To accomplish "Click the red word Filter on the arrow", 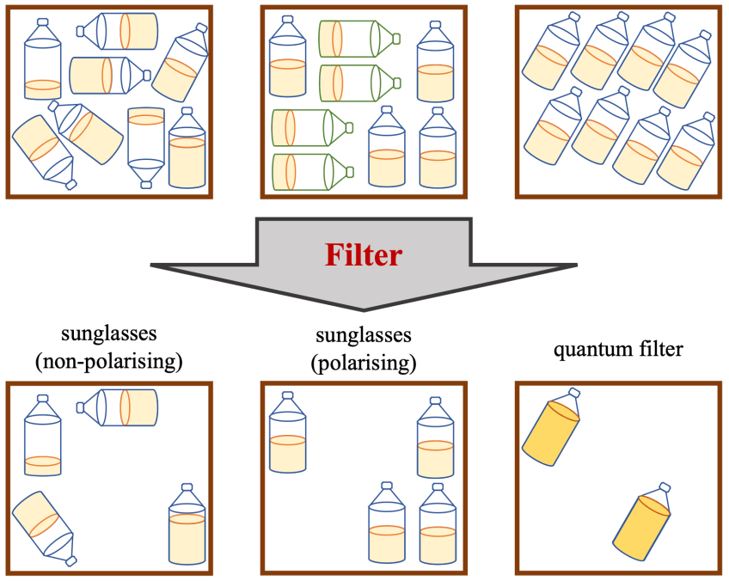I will [364, 256].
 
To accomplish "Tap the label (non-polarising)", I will [109, 361].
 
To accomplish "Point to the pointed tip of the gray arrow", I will [364, 309].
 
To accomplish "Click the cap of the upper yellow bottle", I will [575, 394].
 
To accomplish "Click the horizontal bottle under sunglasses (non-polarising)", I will [123, 407].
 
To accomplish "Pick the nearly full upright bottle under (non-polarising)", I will [187, 528].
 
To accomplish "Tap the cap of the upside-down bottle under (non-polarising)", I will [70, 561].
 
